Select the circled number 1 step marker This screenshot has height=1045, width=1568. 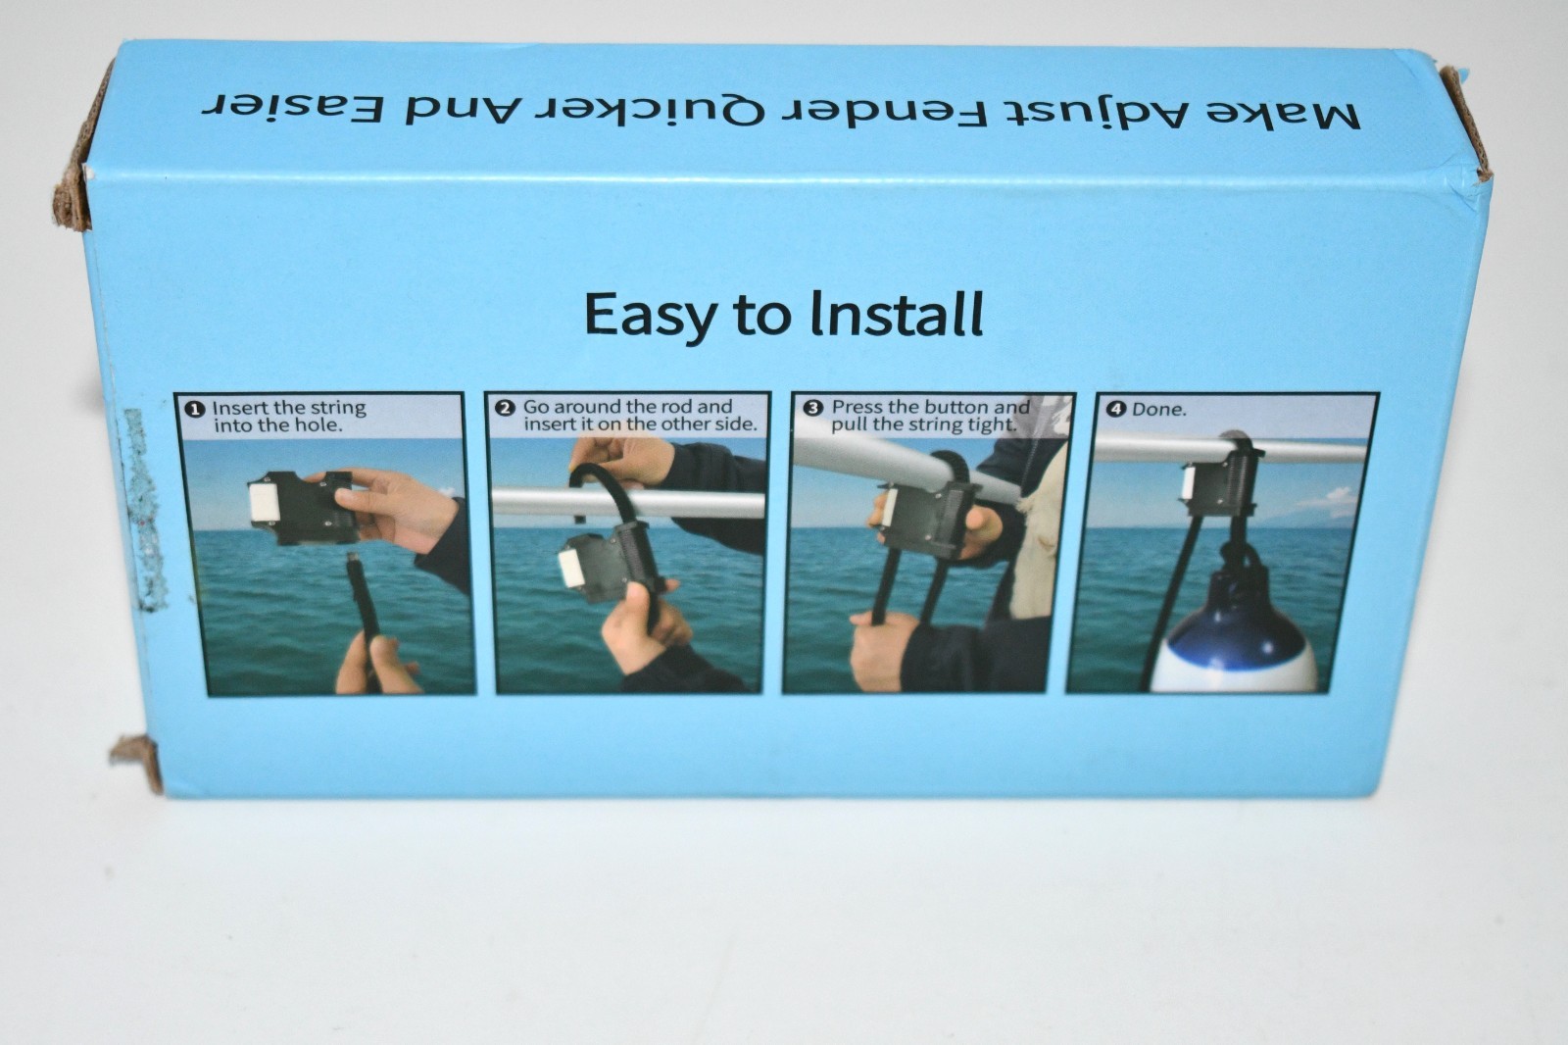(196, 409)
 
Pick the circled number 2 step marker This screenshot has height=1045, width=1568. (505, 408)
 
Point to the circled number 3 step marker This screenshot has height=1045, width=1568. (812, 408)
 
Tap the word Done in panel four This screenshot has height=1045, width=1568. (1159, 410)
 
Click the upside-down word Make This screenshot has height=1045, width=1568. (1284, 114)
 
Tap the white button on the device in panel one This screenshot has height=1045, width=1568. (265, 502)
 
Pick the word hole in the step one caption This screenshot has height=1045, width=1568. (322, 425)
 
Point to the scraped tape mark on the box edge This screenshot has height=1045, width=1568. (147, 509)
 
